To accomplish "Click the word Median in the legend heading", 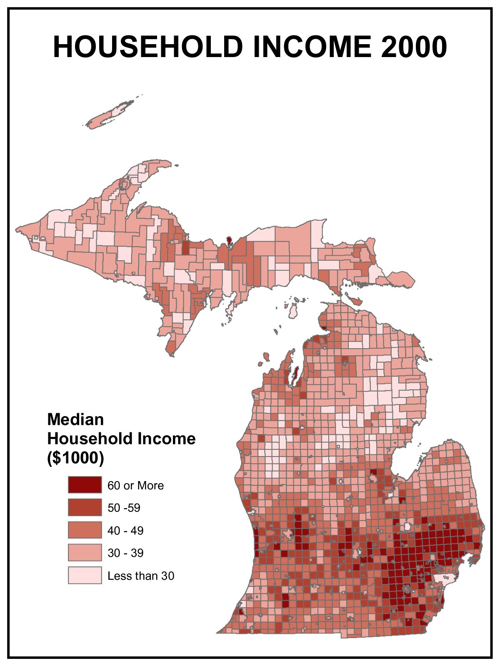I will click(x=75, y=419).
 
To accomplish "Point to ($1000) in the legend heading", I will click(x=75, y=458).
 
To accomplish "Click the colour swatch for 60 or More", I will click(x=85, y=485).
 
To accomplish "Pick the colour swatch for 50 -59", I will click(x=85, y=507).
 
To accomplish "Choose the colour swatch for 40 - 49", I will click(x=85, y=530).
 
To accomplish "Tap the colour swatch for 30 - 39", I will click(x=85, y=553).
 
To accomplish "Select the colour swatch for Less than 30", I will click(x=85, y=575).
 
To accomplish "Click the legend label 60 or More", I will click(x=135, y=486).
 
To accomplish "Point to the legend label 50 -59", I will click(x=124, y=508).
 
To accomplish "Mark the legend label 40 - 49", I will click(x=125, y=531).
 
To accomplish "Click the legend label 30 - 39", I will click(x=125, y=553).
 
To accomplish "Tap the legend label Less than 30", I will click(x=141, y=576).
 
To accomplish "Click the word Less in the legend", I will click(x=117, y=576).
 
